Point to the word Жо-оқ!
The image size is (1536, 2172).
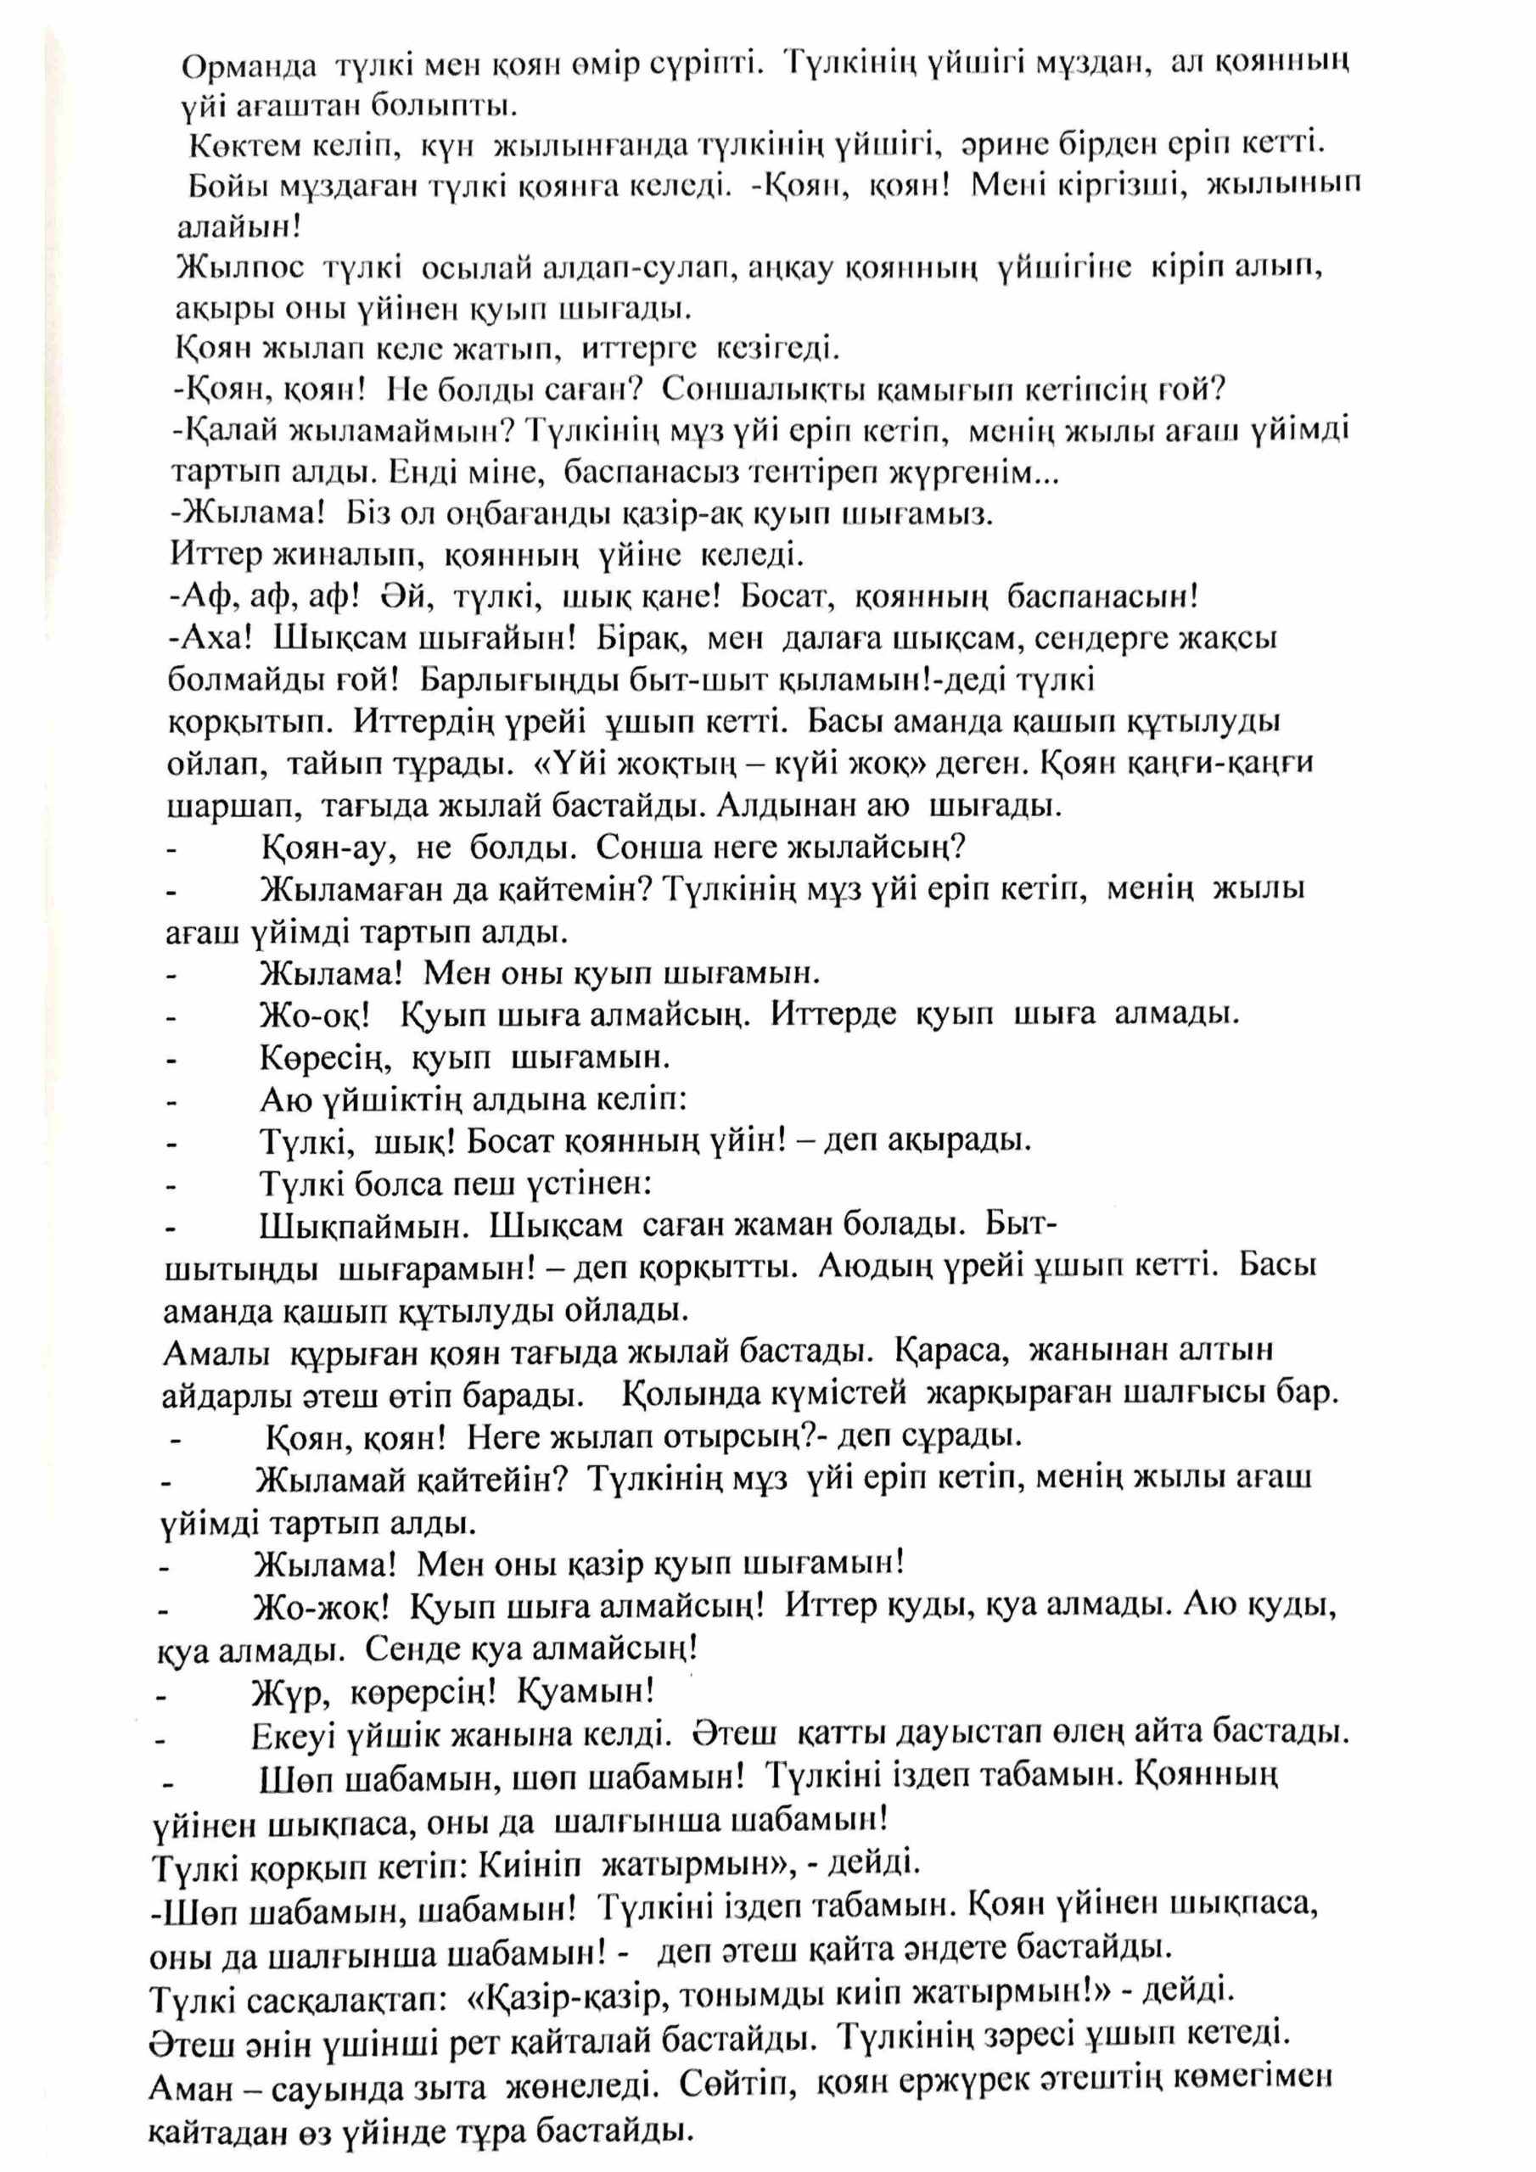[312, 1015]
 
